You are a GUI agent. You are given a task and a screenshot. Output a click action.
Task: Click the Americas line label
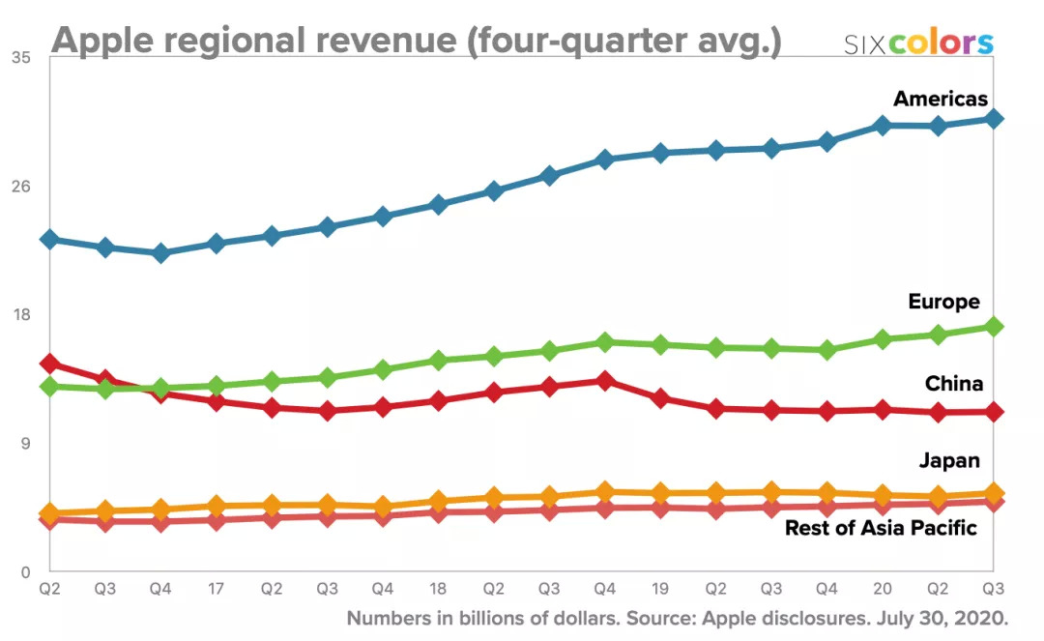click(940, 99)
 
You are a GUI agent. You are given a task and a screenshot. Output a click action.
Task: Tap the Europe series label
click(943, 302)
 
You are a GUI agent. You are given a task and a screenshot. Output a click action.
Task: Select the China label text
click(953, 384)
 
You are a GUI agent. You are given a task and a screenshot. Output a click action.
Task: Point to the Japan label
click(949, 460)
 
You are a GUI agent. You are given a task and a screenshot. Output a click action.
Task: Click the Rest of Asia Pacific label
click(881, 528)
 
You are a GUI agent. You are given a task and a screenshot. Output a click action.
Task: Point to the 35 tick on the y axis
click(21, 58)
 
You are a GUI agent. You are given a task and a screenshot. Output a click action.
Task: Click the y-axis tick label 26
click(21, 187)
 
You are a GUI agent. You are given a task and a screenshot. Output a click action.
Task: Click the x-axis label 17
click(217, 588)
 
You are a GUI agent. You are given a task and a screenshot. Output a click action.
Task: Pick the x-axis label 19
click(660, 588)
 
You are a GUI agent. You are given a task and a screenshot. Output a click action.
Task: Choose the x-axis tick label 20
click(883, 588)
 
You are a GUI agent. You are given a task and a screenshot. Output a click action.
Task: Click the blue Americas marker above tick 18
click(438, 205)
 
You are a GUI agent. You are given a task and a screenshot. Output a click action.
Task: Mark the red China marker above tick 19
click(660, 398)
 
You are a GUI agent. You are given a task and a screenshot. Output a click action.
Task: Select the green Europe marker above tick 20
click(883, 339)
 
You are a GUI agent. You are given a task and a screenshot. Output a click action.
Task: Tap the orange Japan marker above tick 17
click(217, 506)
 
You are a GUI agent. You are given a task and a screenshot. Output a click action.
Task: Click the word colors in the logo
click(941, 44)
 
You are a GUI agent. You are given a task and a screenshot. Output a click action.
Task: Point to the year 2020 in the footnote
click(982, 618)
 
